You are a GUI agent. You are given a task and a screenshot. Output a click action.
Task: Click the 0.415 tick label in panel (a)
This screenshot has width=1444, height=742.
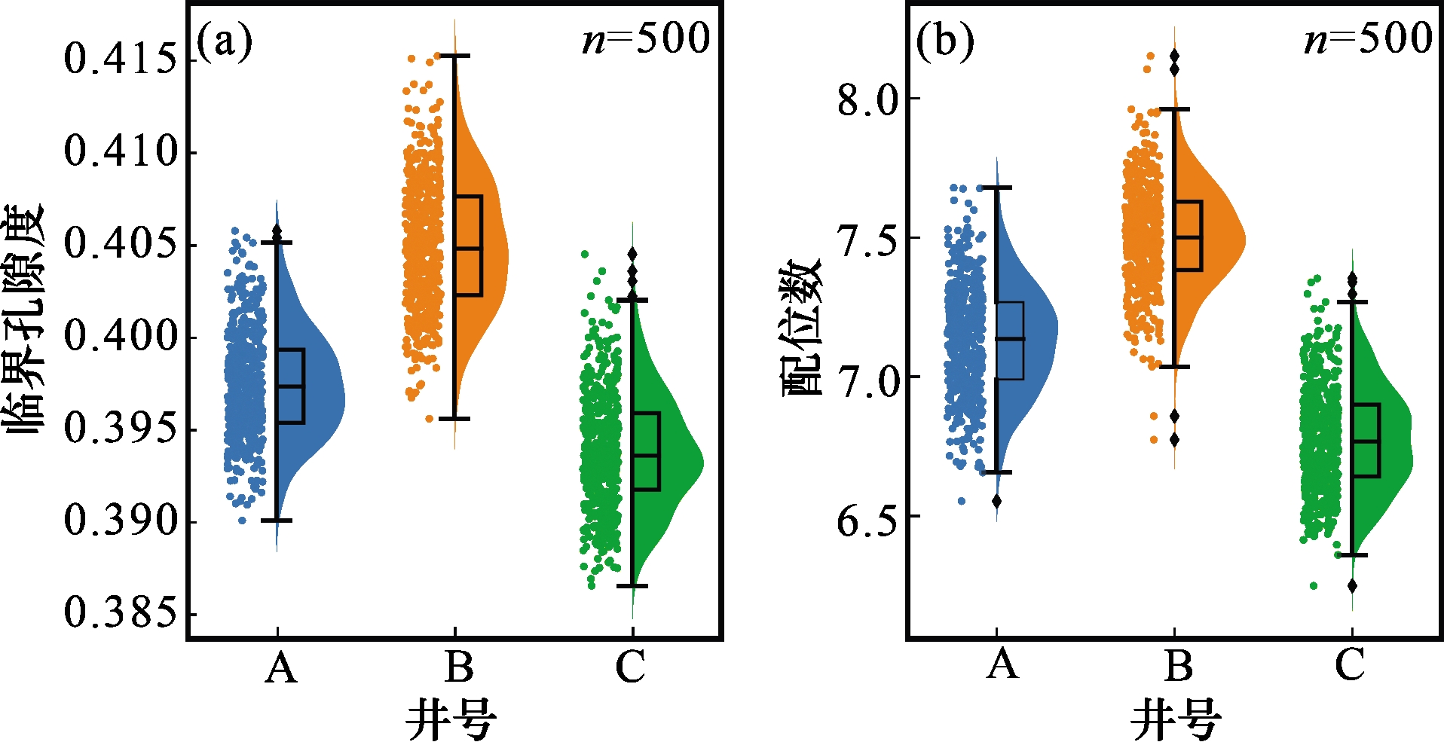click(x=121, y=59)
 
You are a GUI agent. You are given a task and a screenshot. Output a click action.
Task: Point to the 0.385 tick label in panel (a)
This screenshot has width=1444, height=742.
click(x=121, y=613)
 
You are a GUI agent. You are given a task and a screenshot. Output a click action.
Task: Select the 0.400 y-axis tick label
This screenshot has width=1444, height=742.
click(x=121, y=336)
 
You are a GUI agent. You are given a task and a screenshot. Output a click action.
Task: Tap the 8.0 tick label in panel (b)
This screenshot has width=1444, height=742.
click(x=868, y=99)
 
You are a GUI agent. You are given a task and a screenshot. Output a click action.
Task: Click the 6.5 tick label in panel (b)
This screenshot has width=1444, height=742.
click(x=868, y=518)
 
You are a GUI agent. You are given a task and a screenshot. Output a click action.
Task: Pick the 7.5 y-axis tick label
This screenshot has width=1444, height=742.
click(x=868, y=240)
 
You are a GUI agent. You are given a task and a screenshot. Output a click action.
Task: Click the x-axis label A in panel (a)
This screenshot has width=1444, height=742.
click(x=280, y=667)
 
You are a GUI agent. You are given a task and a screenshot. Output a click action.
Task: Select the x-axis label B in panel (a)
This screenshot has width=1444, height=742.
click(x=458, y=667)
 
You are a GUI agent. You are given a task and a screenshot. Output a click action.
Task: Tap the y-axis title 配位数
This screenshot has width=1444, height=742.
click(x=800, y=327)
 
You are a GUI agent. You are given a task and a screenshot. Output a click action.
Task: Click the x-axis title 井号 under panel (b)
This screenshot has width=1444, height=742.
click(x=1176, y=719)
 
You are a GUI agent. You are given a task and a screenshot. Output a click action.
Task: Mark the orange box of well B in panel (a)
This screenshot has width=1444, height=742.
click(x=468, y=246)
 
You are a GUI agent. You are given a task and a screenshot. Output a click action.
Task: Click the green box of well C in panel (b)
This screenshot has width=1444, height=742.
click(x=1366, y=441)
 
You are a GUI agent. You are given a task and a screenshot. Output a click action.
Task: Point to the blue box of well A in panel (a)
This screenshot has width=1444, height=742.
click(x=290, y=386)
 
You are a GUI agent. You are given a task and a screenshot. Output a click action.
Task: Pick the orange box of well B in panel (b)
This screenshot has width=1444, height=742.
click(x=1188, y=236)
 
